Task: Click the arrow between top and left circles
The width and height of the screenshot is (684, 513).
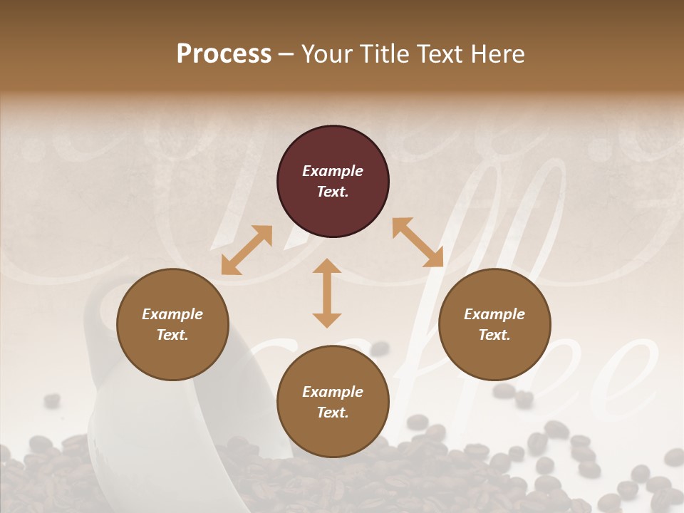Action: pyautogui.click(x=247, y=250)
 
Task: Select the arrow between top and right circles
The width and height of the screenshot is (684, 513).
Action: pyautogui.click(x=418, y=242)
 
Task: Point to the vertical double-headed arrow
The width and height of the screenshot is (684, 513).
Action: pyautogui.click(x=327, y=293)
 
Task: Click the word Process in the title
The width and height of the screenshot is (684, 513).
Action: pyautogui.click(x=224, y=53)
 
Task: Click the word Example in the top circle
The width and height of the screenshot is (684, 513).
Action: pyautogui.click(x=333, y=171)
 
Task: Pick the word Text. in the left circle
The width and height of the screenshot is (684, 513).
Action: pyautogui.click(x=172, y=335)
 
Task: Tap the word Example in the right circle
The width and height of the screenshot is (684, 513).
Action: pyautogui.click(x=494, y=314)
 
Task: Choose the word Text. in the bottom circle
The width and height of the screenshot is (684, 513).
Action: pyautogui.click(x=333, y=413)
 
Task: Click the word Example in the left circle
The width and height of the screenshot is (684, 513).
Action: pyautogui.click(x=172, y=314)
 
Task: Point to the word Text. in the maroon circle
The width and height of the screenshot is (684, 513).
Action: pyautogui.click(x=333, y=192)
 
